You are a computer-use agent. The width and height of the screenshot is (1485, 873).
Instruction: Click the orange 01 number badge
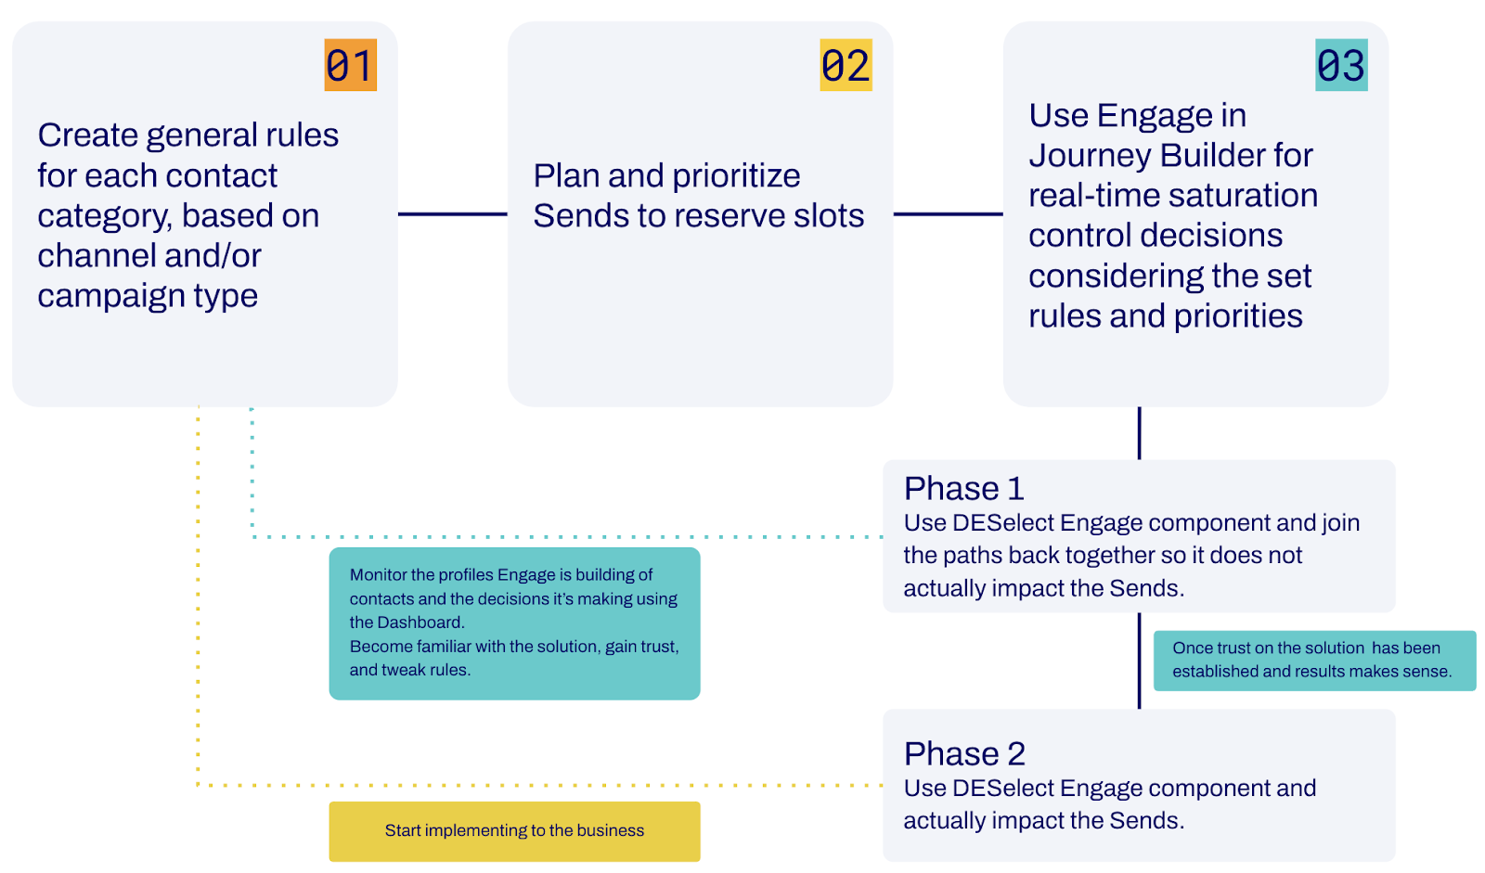[350, 65]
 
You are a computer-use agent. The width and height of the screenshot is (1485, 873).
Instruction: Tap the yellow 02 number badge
[846, 65]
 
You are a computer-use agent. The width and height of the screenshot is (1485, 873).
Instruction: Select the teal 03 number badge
[1341, 65]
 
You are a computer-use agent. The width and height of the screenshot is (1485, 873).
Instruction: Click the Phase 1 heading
[964, 489]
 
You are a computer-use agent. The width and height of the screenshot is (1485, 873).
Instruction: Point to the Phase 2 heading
[964, 753]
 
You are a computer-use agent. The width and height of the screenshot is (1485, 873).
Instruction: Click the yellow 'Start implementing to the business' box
[514, 831]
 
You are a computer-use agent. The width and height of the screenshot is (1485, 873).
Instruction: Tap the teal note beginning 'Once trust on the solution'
[1314, 661]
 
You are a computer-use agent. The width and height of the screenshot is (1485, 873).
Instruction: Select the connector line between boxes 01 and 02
[453, 214]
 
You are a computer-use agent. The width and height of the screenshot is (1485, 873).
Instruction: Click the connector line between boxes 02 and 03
[948, 214]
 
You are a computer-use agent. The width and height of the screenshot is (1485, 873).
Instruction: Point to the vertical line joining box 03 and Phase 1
[1139, 433]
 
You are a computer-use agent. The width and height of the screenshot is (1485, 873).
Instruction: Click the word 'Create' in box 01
[87, 135]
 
